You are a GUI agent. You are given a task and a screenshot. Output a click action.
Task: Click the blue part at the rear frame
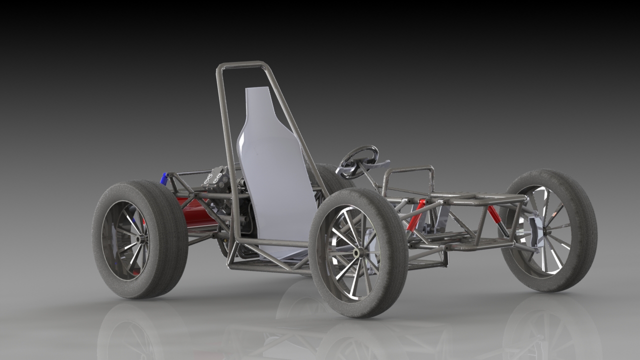163,178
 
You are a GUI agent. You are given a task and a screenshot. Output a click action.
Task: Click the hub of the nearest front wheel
356,253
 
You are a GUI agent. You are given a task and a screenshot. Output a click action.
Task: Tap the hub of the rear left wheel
137,239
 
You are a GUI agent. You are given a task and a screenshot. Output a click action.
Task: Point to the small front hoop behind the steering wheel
407,170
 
